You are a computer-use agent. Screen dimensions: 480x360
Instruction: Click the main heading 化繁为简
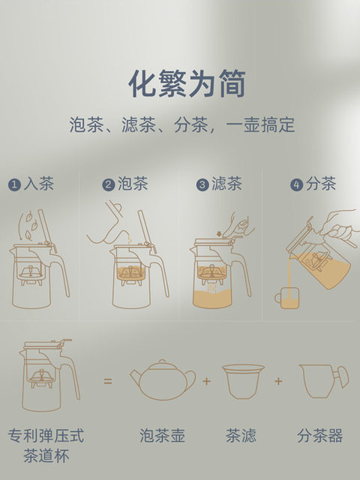coord(187,83)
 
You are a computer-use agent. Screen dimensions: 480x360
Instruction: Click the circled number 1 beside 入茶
coord(14,184)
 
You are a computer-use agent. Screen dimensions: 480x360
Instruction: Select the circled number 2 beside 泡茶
coord(109,184)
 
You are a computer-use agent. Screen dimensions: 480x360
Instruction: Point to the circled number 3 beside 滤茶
coord(202,184)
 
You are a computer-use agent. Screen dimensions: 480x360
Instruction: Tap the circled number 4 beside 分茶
coord(296,184)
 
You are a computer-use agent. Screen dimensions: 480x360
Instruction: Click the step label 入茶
coord(39,184)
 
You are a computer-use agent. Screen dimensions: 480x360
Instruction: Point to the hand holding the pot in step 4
coord(337,225)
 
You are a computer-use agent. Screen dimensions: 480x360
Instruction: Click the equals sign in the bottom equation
coord(108,382)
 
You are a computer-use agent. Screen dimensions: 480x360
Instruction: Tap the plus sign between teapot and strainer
coord(206,382)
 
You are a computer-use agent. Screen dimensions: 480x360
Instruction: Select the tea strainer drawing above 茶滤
coord(243,381)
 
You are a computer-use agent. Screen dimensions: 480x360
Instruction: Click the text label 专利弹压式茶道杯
coord(46,445)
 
